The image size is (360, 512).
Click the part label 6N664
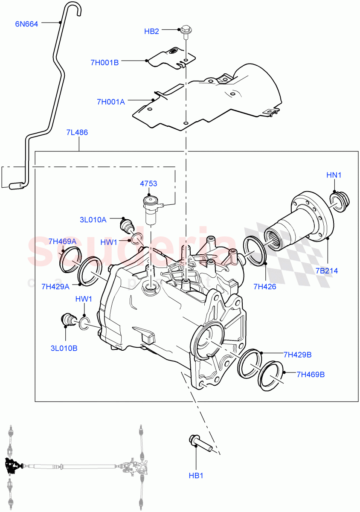coord(26,24)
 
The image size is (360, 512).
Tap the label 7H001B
coord(104,62)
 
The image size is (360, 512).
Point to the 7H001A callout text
coord(110,102)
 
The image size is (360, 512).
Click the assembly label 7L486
coord(77,132)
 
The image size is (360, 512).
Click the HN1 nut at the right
coord(340,201)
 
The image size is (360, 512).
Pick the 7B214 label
coord(327,271)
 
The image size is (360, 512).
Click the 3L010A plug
coord(127,224)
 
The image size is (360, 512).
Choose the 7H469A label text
coord(62,241)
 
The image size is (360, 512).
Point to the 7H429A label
coord(56,286)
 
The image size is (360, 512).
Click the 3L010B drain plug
coord(68,320)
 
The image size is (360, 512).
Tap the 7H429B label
coord(297,354)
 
